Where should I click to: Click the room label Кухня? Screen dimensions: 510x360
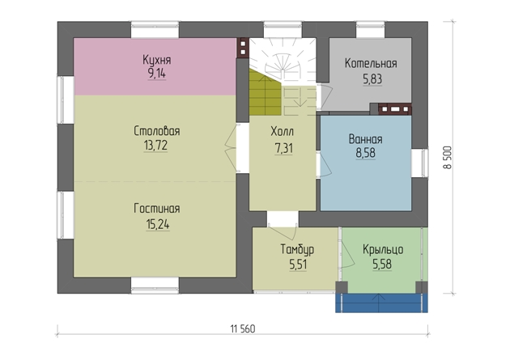(x=157, y=60)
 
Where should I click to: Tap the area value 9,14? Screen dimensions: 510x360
(x=157, y=74)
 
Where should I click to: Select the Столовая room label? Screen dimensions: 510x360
(x=157, y=131)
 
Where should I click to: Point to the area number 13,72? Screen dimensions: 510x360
(x=155, y=146)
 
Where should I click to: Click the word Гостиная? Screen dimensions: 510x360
(x=157, y=209)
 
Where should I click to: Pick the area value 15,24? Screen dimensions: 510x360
(x=158, y=224)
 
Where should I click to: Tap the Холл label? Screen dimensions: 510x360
(x=282, y=132)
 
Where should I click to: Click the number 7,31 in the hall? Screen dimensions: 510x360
(x=284, y=148)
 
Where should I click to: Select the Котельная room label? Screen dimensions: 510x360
(x=371, y=63)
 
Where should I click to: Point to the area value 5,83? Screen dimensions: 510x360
(x=372, y=79)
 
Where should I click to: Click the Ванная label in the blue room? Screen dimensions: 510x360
(x=365, y=139)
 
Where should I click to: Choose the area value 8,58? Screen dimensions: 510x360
(x=365, y=153)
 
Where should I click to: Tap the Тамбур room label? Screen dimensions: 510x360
(x=297, y=249)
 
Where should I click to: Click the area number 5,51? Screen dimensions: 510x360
(x=298, y=265)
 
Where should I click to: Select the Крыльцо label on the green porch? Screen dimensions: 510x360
(x=383, y=249)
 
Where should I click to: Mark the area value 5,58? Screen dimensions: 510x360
(x=382, y=265)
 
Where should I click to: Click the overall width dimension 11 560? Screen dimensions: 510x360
(x=243, y=328)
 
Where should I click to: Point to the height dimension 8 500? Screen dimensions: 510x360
(x=448, y=158)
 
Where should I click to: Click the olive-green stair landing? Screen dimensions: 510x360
(x=265, y=94)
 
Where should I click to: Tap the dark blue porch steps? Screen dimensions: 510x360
(x=381, y=303)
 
